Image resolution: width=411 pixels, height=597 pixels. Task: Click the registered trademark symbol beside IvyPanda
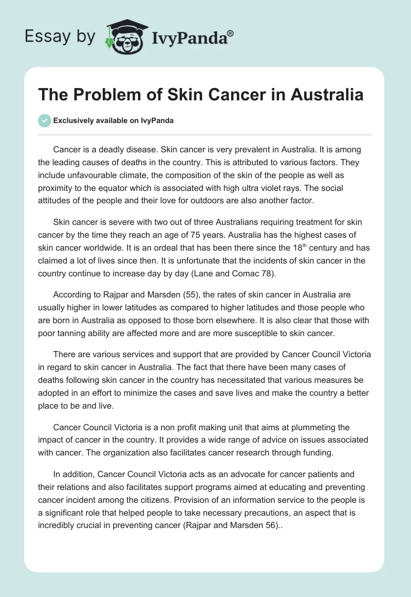[x=231, y=33]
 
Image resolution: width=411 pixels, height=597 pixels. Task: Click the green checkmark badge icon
[x=44, y=120]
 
